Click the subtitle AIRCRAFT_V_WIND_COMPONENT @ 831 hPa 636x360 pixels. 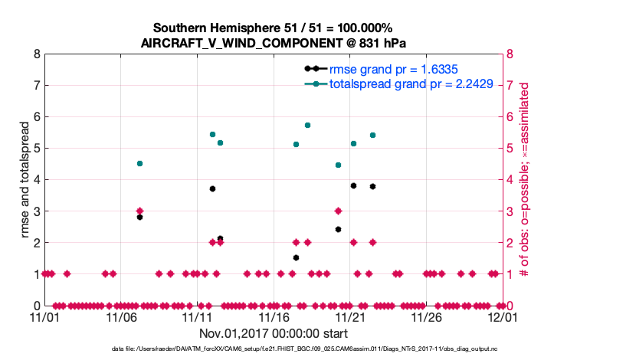(274, 43)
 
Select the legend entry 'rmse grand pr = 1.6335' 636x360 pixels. (388, 70)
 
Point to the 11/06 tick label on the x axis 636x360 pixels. (121, 316)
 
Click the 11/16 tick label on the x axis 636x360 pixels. (274, 316)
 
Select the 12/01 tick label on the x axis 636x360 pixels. (503, 316)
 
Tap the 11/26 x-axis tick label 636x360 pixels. (426, 316)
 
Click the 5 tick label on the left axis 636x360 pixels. (35, 149)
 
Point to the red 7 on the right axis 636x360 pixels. (510, 86)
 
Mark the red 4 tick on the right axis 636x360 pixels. (510, 180)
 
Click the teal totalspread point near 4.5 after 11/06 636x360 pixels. (139, 163)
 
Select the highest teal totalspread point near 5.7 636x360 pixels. (307, 125)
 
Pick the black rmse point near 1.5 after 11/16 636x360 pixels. (296, 257)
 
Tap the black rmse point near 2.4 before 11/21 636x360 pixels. (338, 229)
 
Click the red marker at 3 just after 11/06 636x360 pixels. (139, 211)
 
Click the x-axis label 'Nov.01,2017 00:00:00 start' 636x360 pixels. (274, 333)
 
